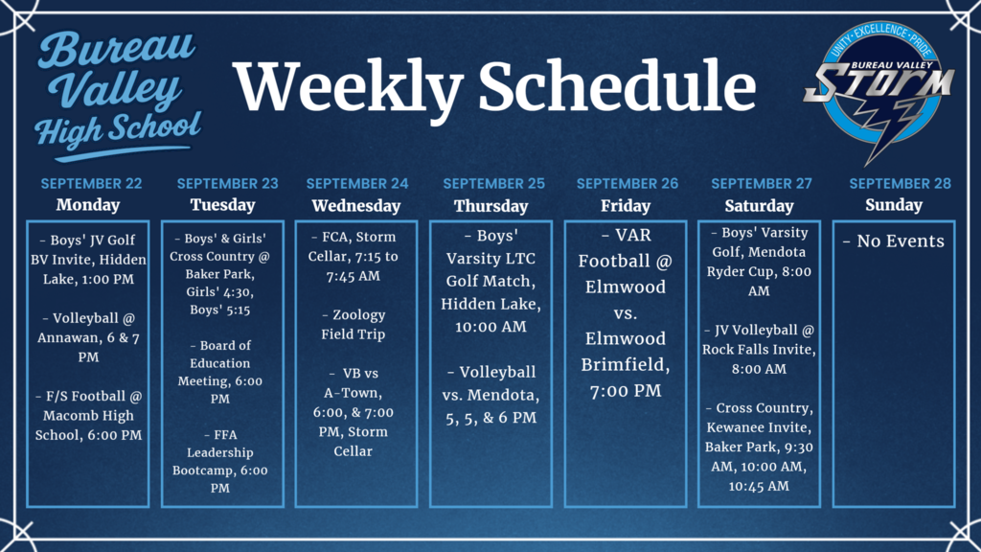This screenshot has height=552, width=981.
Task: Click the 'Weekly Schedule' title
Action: (495, 87)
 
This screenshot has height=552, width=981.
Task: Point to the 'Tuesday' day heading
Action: (222, 205)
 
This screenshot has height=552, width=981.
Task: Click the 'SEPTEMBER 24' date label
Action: (356, 183)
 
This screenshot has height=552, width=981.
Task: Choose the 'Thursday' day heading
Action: (490, 205)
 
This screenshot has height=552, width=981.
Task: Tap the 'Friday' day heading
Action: (625, 205)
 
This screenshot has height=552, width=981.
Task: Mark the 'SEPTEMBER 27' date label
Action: (760, 183)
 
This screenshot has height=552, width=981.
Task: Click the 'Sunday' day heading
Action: (893, 204)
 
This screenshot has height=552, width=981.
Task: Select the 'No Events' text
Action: (893, 241)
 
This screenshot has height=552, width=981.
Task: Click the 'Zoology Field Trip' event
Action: (356, 324)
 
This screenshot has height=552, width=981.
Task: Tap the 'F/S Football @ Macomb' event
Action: (88, 416)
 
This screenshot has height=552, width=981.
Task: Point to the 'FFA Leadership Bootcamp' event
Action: (222, 461)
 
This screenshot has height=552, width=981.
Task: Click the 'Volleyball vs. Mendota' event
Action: (490, 394)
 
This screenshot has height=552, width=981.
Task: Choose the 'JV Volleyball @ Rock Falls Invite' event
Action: (760, 349)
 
